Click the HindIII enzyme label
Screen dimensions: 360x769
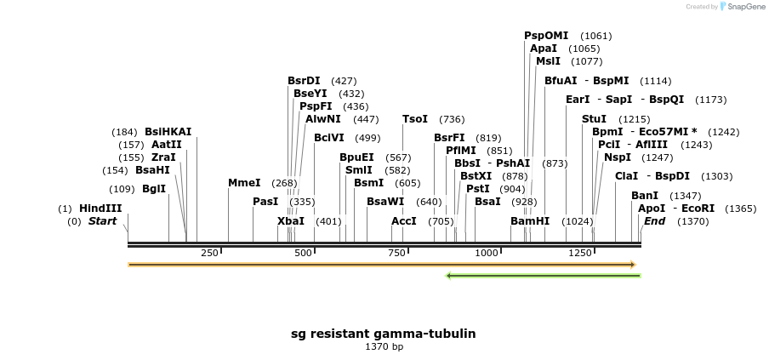coord(100,209)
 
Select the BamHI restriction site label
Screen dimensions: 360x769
coord(530,221)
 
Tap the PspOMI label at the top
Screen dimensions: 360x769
coord(546,36)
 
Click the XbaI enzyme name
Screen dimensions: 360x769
coord(291,221)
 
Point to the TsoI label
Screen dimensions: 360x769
coord(415,119)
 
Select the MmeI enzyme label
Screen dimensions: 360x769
coord(244,183)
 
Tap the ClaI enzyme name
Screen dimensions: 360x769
coord(626,176)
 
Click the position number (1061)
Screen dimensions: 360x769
coord(595,36)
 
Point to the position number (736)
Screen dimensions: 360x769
coord(452,119)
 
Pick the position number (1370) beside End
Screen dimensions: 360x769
coord(692,221)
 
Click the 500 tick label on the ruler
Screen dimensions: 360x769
coord(304,254)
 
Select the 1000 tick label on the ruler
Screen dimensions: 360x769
coord(487,254)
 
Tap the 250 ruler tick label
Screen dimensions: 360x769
coord(209,254)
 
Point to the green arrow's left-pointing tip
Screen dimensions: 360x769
coord(448,275)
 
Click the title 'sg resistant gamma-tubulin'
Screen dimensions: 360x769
coord(384,334)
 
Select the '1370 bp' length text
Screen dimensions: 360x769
coord(384,347)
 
